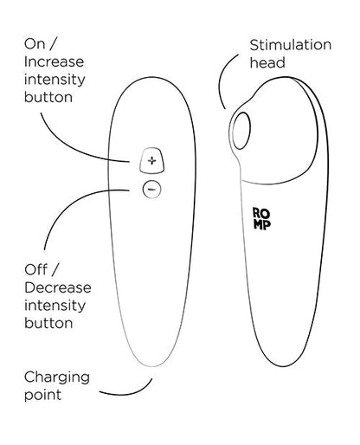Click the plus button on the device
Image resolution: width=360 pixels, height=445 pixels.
click(152, 160)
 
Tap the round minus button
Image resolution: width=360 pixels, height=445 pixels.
click(151, 190)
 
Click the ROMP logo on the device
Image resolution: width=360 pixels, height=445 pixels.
click(261, 219)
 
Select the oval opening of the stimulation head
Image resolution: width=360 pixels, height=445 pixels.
click(241, 131)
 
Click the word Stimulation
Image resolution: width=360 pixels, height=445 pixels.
click(291, 45)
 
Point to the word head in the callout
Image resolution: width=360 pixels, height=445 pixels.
click(267, 62)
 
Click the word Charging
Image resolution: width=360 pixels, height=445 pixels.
click(57, 378)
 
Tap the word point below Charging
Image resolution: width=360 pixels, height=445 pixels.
click(42, 395)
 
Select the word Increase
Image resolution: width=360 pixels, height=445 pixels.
click(55, 61)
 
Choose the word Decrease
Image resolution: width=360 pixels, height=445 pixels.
click(58, 287)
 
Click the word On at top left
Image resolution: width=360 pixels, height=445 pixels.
click(35, 44)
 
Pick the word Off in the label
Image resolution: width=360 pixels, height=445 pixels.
click(36, 270)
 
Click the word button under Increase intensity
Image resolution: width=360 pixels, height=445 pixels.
click(48, 97)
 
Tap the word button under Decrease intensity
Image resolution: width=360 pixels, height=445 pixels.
click(48, 323)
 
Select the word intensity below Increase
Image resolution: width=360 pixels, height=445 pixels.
click(55, 81)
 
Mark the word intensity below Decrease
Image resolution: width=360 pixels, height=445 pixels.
click(55, 306)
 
